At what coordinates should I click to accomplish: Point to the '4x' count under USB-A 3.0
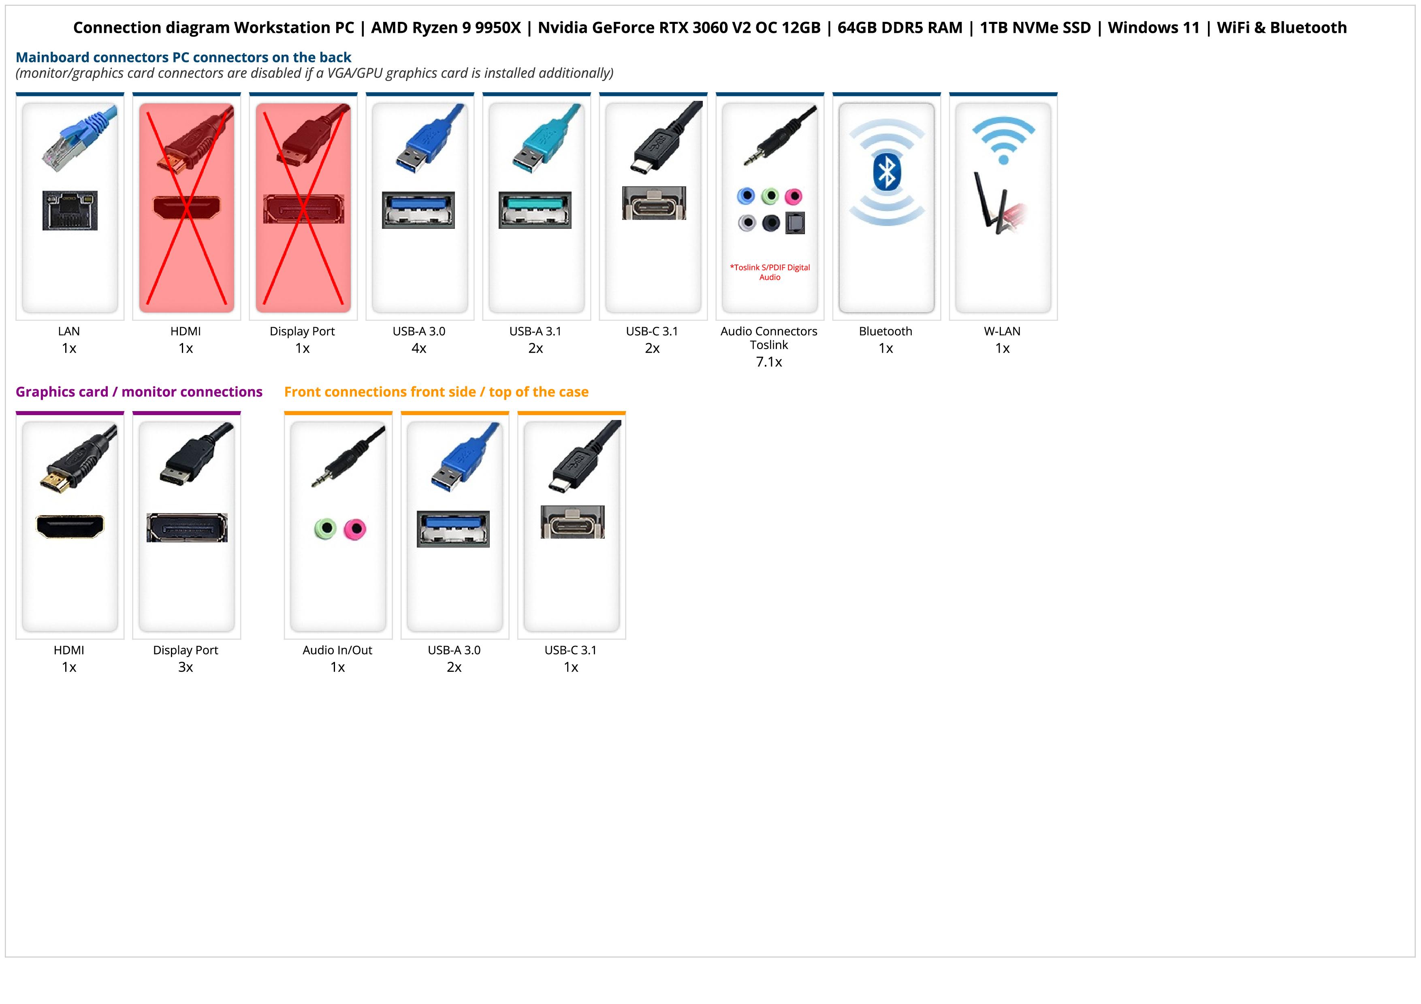pyautogui.click(x=419, y=348)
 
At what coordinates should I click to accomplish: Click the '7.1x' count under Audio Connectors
pyautogui.click(x=769, y=362)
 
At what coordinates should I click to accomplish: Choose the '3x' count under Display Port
pyautogui.click(x=186, y=667)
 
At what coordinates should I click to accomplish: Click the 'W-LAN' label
pyautogui.click(x=1002, y=331)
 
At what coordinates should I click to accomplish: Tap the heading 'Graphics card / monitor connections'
pyautogui.click(x=139, y=392)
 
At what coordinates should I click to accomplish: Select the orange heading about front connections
pyautogui.click(x=436, y=392)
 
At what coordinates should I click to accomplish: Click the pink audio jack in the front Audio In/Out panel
pyautogui.click(x=354, y=529)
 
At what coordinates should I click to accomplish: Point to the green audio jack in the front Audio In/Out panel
pyautogui.click(x=326, y=529)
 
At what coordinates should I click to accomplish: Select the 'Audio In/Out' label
pyautogui.click(x=337, y=650)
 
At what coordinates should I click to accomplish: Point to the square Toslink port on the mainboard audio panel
pyautogui.click(x=795, y=223)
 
